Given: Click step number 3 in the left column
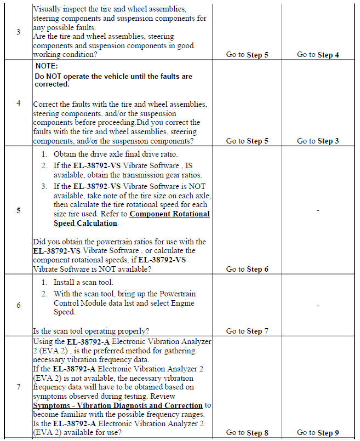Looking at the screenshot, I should [x=18, y=32].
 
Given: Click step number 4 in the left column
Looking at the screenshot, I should [x=18, y=103].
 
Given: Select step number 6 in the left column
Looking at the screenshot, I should [x=18, y=305].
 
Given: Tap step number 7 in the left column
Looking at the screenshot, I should [x=18, y=387].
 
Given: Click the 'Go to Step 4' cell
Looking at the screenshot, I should [x=318, y=55].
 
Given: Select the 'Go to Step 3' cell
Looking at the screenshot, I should [x=318, y=141].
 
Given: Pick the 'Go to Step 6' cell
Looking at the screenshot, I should [x=247, y=269].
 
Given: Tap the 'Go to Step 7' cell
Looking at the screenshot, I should [x=247, y=331].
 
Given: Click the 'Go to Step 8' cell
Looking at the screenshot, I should [x=247, y=433].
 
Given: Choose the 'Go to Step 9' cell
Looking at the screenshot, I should [x=318, y=433].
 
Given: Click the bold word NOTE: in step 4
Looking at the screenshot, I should [x=50, y=65].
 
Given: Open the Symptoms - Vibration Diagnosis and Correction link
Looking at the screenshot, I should [x=118, y=405].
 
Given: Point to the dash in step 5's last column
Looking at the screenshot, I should [x=318, y=210].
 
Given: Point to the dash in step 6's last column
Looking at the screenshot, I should [x=318, y=305].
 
